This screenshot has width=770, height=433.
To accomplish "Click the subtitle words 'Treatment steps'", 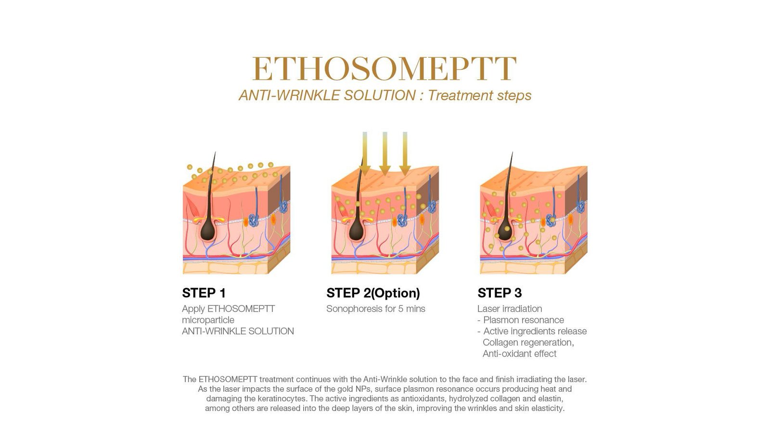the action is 479,95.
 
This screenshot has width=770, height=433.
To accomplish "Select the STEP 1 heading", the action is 204,293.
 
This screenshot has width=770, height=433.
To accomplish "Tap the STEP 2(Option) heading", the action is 373,293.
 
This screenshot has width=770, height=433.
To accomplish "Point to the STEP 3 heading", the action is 500,293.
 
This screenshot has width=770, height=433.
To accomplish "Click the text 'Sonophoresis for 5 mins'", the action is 376,308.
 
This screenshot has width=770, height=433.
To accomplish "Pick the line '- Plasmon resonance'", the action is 520,320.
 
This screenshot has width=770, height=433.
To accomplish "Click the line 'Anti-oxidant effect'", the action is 519,354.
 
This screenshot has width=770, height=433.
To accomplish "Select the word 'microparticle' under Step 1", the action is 208,320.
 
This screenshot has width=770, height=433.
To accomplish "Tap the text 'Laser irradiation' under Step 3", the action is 510,308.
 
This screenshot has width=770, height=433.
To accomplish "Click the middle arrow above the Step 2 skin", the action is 385,153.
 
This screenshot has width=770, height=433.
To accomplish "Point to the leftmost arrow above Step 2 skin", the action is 365,153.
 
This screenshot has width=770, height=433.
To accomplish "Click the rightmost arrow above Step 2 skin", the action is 405,153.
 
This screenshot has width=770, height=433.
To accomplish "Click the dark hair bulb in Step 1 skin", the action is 207,230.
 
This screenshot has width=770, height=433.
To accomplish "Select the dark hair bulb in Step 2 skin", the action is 356,230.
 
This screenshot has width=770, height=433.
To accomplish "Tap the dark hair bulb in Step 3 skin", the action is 505,230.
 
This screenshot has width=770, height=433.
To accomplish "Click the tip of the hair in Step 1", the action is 215,152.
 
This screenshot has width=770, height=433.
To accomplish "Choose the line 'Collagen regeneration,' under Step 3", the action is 528,342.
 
